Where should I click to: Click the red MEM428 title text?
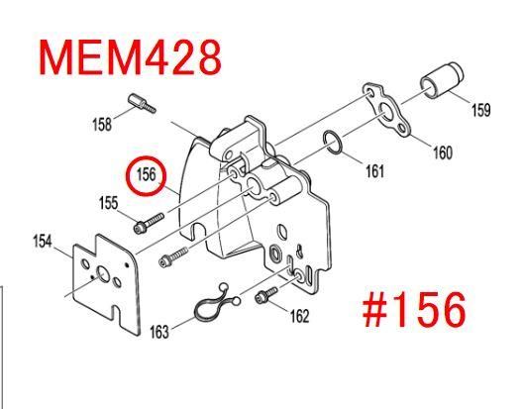130,57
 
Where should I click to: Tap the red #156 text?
414,309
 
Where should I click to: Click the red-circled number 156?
146,174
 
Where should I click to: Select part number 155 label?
108,203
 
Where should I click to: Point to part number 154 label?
43,242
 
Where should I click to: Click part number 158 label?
102,125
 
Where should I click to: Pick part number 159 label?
480,110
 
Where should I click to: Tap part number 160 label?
443,153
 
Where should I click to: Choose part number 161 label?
374,171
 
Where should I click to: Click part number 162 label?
299,316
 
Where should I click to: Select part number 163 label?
159,332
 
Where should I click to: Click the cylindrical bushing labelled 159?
442,80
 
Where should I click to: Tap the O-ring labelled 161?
332,143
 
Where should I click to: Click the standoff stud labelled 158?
142,103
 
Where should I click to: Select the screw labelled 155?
149,223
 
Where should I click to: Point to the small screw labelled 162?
265,295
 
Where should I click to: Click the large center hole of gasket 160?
386,111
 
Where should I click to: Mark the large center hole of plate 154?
102,273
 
